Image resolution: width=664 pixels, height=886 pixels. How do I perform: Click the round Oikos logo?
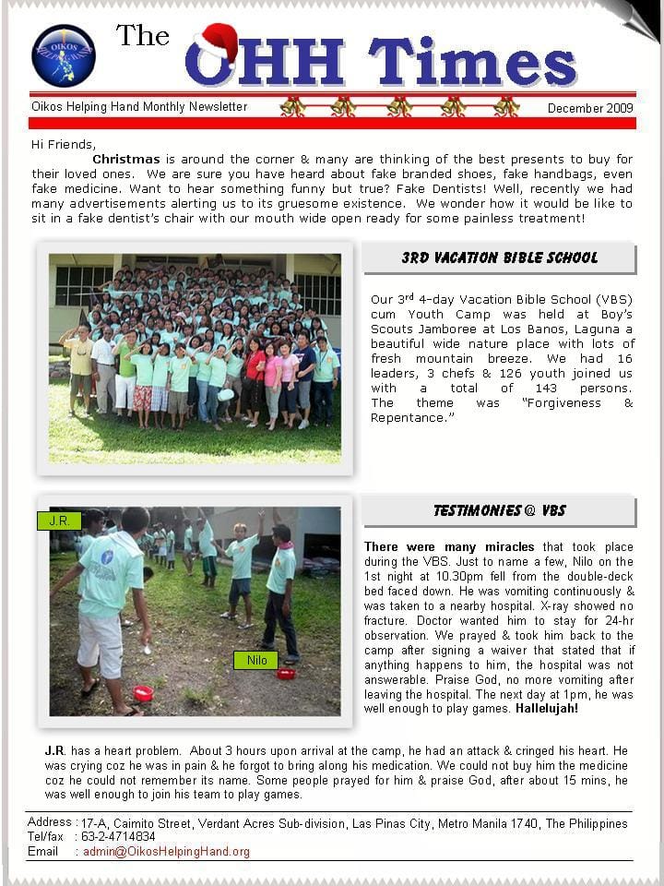pyautogui.click(x=64, y=55)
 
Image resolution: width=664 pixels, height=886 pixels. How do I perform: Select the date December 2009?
pyautogui.click(x=589, y=108)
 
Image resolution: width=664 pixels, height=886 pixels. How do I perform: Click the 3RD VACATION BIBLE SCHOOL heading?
pyautogui.click(x=499, y=258)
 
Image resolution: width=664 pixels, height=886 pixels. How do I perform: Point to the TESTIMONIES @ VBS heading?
pyautogui.click(x=499, y=510)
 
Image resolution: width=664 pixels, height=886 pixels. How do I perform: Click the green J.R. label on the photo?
pyautogui.click(x=59, y=521)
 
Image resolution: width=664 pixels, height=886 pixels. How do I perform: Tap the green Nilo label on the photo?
pyautogui.click(x=256, y=660)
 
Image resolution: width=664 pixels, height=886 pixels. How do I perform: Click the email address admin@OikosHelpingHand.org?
pyautogui.click(x=166, y=852)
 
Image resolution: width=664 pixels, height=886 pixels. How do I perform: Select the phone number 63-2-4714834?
pyautogui.click(x=118, y=837)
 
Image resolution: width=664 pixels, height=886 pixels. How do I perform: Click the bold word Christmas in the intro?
pyautogui.click(x=126, y=160)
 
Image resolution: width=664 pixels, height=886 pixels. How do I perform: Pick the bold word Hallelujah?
pyautogui.click(x=547, y=709)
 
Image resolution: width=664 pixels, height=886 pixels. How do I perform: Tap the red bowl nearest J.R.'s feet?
pyautogui.click(x=143, y=692)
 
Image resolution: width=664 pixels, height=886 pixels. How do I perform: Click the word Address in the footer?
pyautogui.click(x=50, y=822)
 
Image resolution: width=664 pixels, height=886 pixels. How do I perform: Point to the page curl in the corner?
pyautogui.click(x=636, y=18)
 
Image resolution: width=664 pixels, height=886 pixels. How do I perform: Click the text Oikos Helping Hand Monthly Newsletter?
pyautogui.click(x=139, y=107)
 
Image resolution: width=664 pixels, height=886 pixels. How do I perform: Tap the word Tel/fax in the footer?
pyautogui.click(x=46, y=837)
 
